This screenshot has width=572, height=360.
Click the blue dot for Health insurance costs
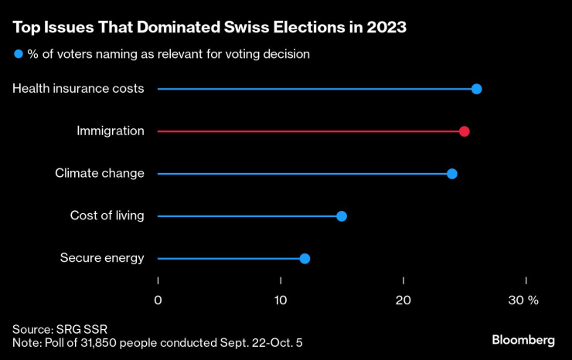(476, 89)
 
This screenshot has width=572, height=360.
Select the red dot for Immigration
(464, 131)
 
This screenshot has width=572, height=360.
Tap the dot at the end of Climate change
(452, 174)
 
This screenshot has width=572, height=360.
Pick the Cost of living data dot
(342, 216)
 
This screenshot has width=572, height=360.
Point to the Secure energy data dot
(305, 258)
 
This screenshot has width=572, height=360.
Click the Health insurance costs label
(78, 89)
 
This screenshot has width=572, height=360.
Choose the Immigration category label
(111, 131)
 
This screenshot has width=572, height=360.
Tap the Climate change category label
(100, 174)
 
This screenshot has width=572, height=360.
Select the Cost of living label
(107, 216)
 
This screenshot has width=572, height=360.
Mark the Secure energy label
(102, 258)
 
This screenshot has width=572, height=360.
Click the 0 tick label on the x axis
(158, 300)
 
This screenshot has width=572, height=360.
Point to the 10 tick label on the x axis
(281, 300)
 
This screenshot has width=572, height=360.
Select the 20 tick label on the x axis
(403, 300)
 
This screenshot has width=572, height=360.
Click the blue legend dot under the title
(18, 54)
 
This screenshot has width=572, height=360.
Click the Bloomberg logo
(523, 340)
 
